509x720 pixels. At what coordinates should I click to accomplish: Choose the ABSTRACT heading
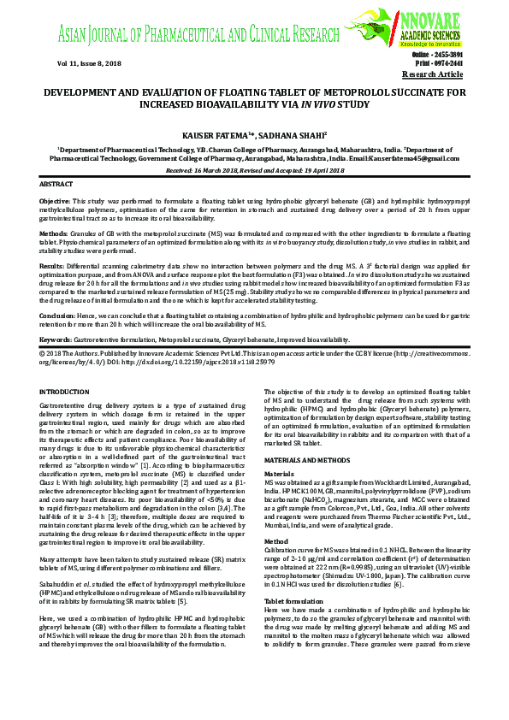57,185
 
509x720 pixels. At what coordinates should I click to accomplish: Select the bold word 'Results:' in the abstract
53,266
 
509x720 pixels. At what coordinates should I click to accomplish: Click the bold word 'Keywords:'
56,339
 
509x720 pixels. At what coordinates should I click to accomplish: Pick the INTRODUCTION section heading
64,392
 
